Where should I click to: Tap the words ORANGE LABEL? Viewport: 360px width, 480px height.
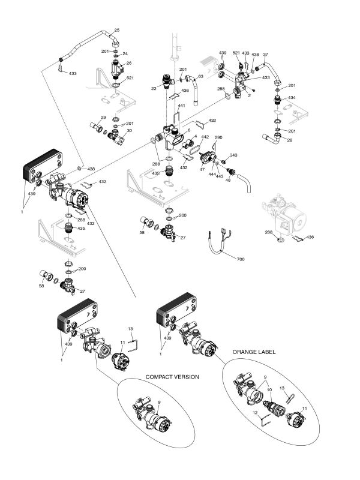[x=254, y=352]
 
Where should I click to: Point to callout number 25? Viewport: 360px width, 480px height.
[x=116, y=30]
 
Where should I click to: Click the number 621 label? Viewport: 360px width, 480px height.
[x=130, y=78]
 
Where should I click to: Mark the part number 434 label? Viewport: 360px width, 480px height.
[x=292, y=97]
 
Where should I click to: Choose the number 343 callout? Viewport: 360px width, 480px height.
[x=233, y=155]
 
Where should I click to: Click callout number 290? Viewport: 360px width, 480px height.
[x=218, y=138]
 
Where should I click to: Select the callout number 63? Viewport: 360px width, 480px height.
[x=200, y=77]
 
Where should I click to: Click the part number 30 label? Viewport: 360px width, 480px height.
[x=129, y=130]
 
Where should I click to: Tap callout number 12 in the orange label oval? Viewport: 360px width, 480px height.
[x=254, y=412]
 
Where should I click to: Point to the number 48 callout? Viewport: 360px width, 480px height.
[x=227, y=179]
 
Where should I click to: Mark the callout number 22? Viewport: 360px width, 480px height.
[x=154, y=88]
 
